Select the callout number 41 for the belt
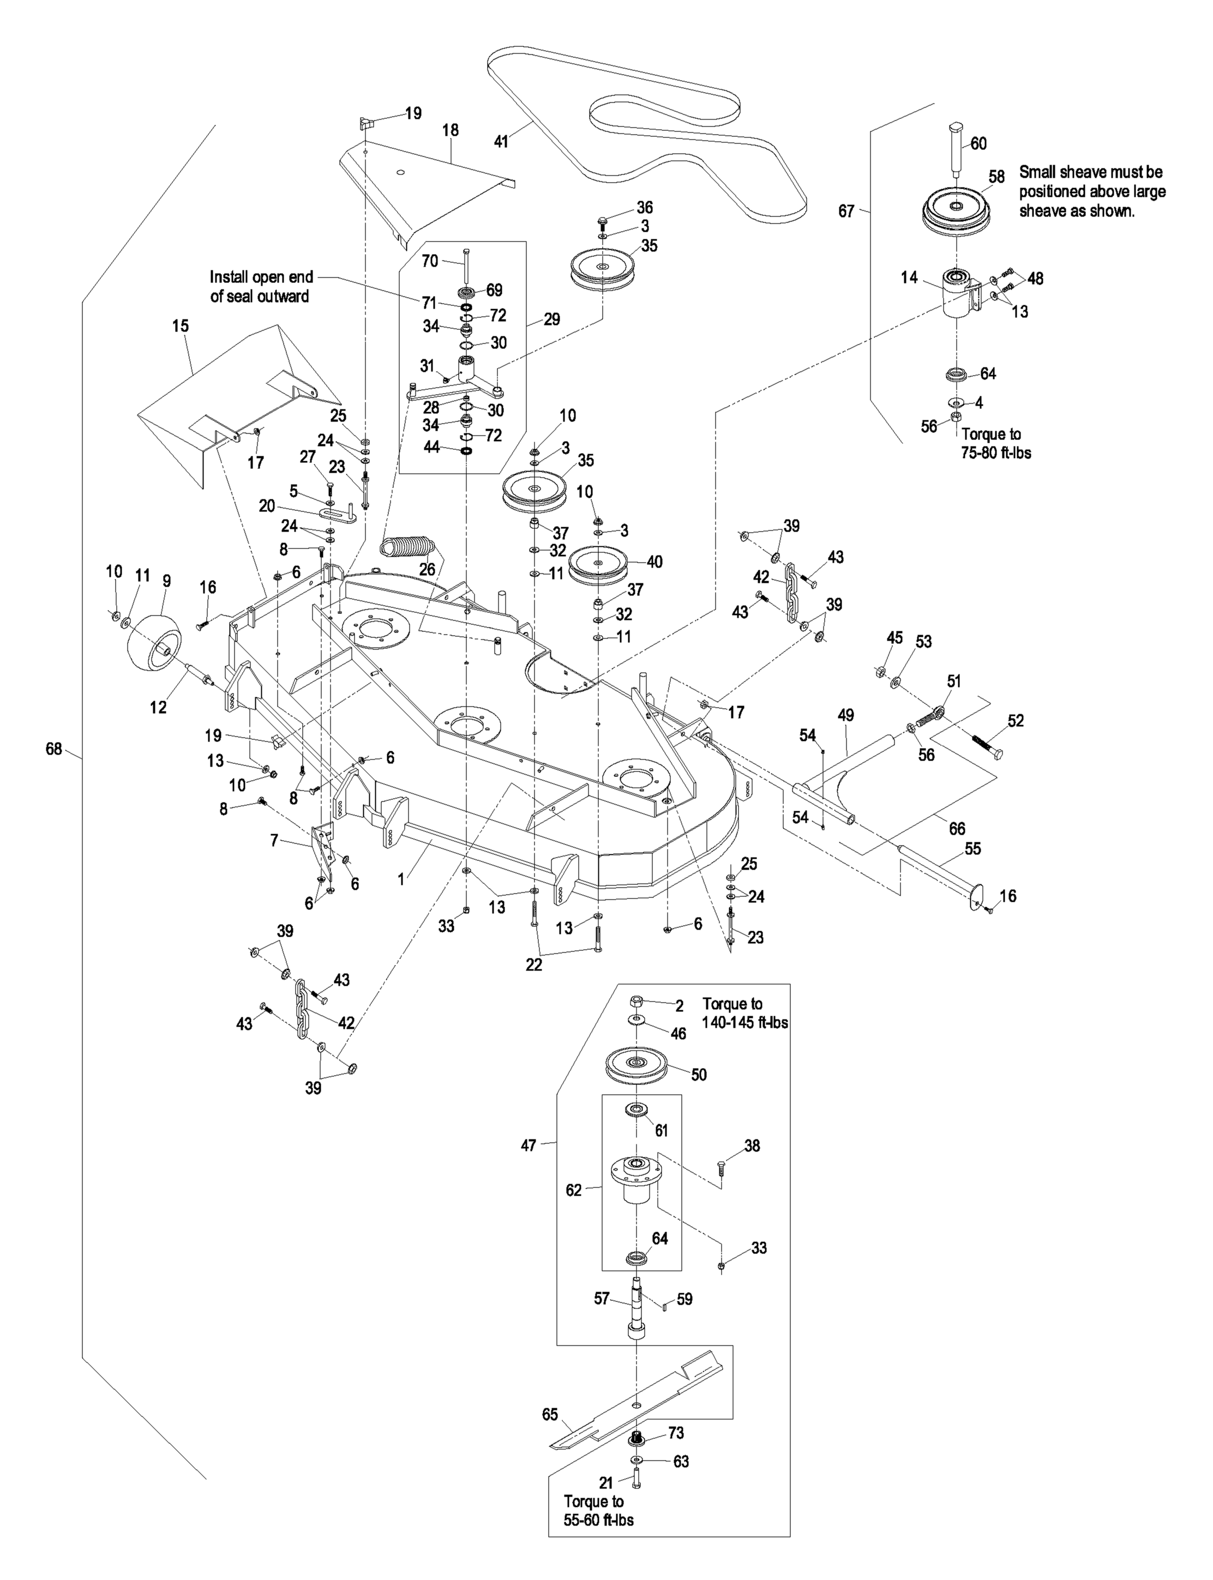coord(500,142)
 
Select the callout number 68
coord(54,749)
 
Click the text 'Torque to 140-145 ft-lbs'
coord(744,1012)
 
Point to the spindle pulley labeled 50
coord(636,1065)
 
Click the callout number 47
coord(529,1145)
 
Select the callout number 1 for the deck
coord(401,880)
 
